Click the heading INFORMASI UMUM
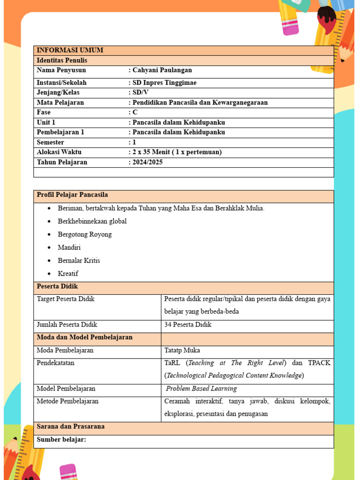click(x=70, y=51)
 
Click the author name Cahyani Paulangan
click(x=162, y=70)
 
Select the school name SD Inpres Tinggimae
click(x=165, y=83)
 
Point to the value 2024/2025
click(x=148, y=162)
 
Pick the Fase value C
click(x=135, y=112)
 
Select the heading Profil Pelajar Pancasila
click(x=72, y=195)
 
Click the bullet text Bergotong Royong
click(x=85, y=234)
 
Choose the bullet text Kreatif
click(x=68, y=274)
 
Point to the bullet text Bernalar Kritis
click(x=79, y=261)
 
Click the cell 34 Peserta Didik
click(x=188, y=325)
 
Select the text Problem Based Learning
click(x=202, y=389)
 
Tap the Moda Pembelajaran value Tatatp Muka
click(x=182, y=351)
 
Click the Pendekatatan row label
click(x=55, y=363)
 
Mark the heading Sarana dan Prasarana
click(x=70, y=427)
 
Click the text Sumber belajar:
click(x=61, y=440)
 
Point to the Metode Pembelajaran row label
click(x=67, y=402)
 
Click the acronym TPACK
click(x=319, y=363)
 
